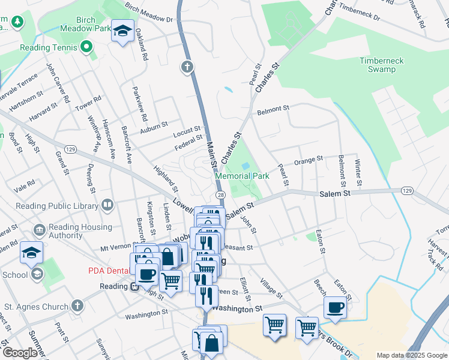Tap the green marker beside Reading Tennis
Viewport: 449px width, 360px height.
coord(86,46)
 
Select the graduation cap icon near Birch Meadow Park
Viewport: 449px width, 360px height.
coord(122,31)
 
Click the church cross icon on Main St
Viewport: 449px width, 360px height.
coord(187,66)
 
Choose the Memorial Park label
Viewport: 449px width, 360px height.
coord(243,176)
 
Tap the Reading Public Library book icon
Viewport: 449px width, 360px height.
coord(107,206)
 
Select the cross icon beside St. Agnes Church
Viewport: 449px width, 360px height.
coord(77,307)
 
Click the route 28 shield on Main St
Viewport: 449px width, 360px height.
coord(220,196)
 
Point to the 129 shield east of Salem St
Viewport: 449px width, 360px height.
coord(408,190)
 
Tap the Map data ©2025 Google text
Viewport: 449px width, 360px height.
coord(411,355)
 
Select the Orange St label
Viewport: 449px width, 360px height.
coord(309,160)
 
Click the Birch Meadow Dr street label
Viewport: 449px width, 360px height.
coord(148,13)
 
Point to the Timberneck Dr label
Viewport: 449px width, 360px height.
coord(359,13)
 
